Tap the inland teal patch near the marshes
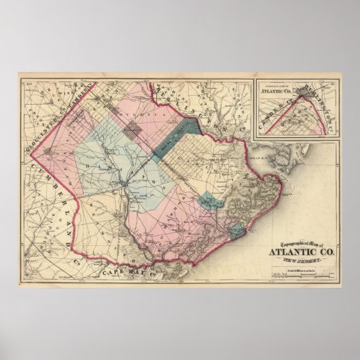click(x=211, y=202)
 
